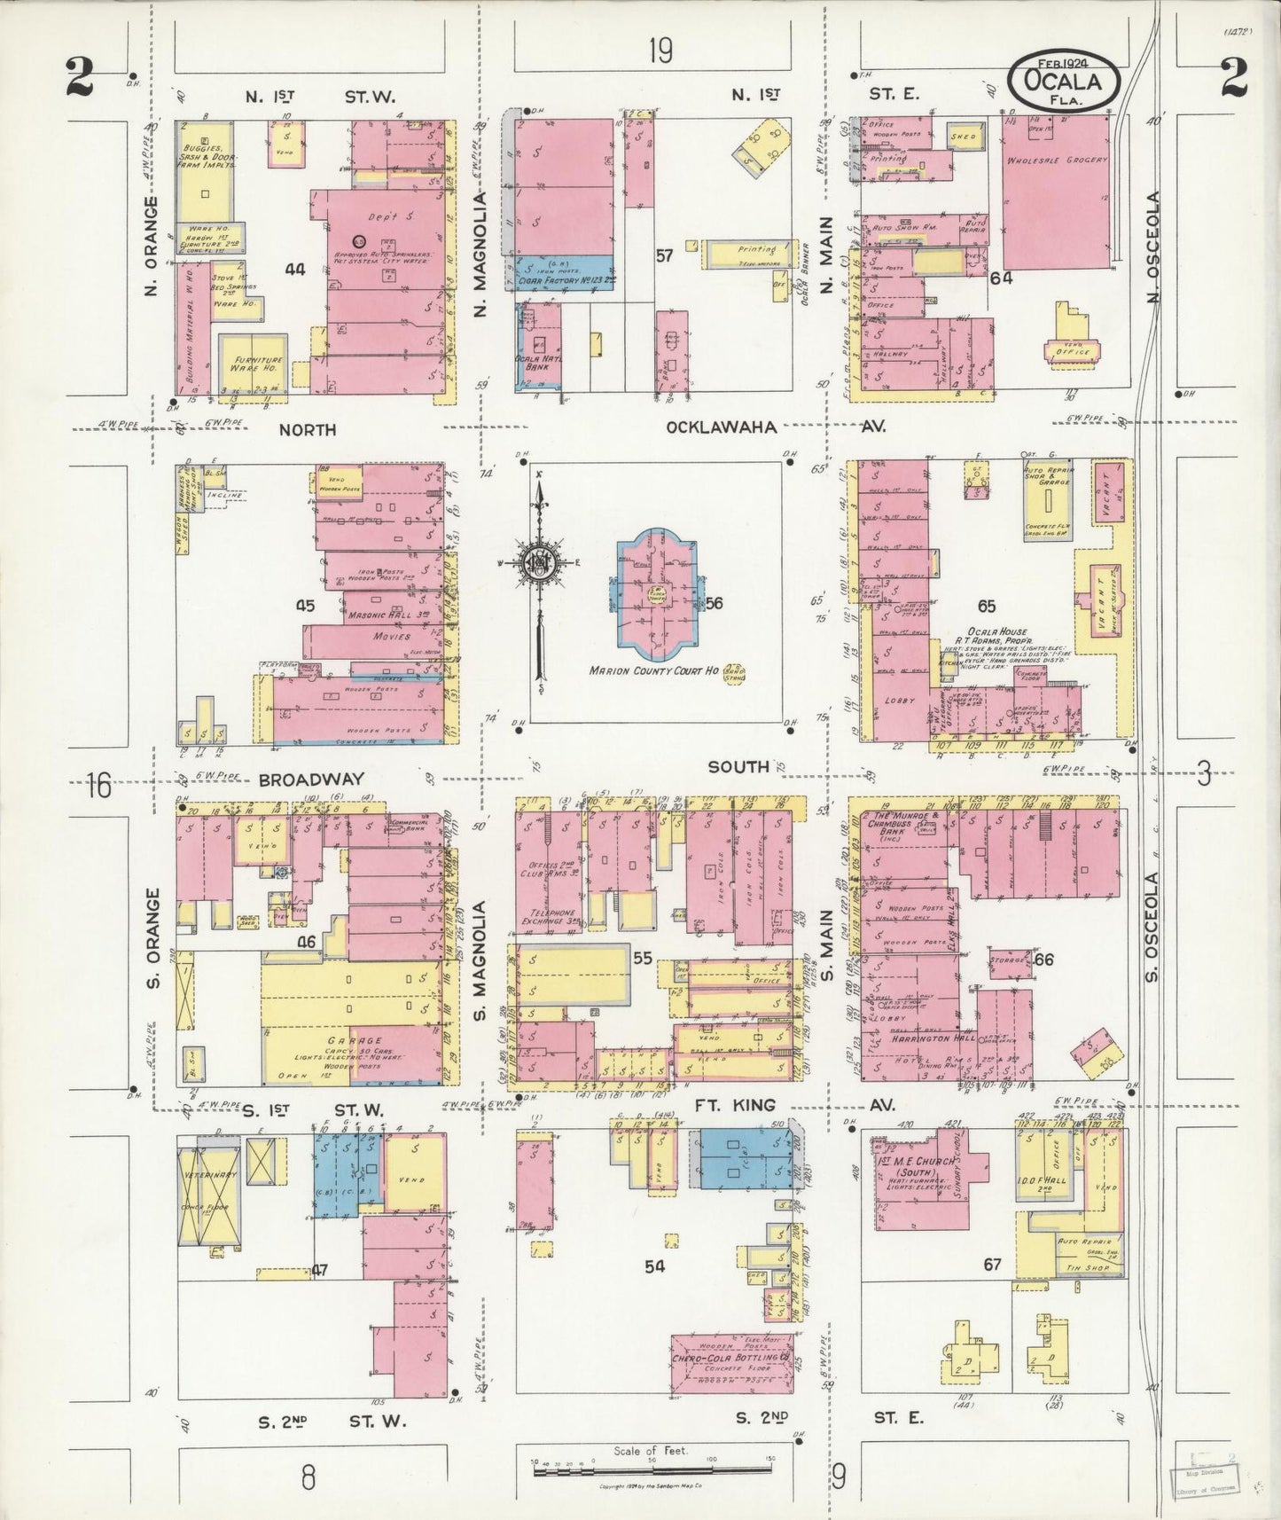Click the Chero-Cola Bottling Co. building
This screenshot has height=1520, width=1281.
click(732, 1359)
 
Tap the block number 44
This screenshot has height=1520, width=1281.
click(295, 269)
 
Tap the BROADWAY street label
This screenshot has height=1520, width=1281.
click(311, 780)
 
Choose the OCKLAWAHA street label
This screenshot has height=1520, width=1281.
click(722, 427)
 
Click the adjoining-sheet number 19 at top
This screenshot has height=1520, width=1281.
click(660, 52)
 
